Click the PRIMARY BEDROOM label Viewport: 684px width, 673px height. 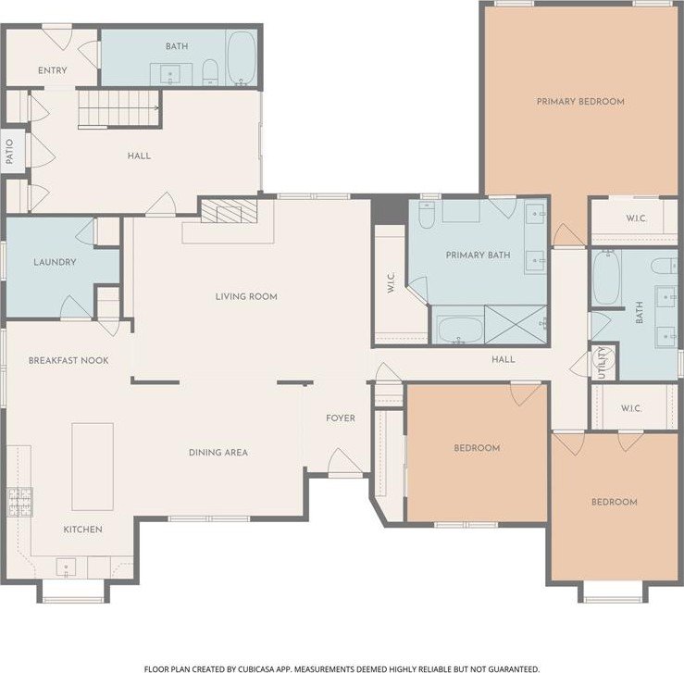pos(580,102)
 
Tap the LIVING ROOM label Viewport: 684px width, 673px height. pos(246,296)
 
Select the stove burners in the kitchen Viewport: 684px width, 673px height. pos(20,502)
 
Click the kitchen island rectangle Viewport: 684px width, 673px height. pos(93,467)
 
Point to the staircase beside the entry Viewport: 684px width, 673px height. pos(118,108)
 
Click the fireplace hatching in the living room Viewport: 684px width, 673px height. pos(229,212)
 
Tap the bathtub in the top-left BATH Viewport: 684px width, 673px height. pos(242,58)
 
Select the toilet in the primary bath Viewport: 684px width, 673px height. pos(426,215)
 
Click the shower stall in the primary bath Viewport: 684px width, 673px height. pos(516,324)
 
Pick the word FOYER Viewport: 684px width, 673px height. pos(341,418)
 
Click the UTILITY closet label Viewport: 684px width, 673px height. pos(602,363)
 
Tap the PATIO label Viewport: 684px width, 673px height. pos(9,151)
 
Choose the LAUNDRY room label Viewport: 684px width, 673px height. pos(55,262)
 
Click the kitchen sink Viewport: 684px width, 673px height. pos(66,567)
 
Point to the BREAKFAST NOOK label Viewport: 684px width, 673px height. pos(68,361)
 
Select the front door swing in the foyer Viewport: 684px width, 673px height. pos(344,461)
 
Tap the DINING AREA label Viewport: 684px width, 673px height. pos(218,453)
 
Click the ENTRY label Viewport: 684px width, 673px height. pos(53,70)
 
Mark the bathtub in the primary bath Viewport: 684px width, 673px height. pos(460,330)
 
